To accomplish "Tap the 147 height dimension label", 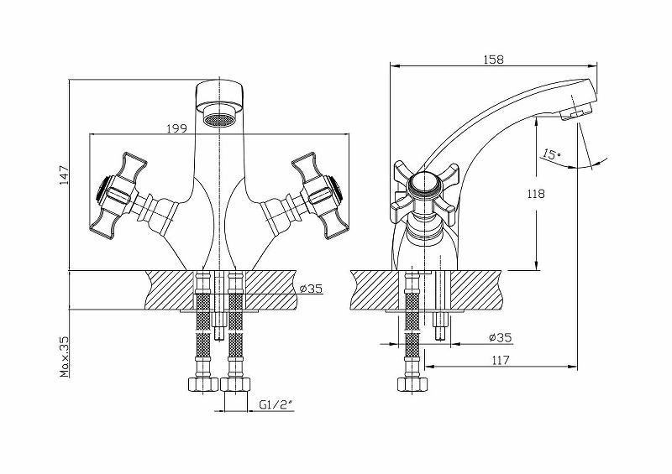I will tap(63, 174).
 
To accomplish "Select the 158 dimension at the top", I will tap(493, 60).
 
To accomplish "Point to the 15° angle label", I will tap(550, 154).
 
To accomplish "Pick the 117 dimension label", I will tap(501, 361).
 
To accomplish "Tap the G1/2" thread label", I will tap(274, 404).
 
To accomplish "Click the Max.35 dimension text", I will tap(64, 356).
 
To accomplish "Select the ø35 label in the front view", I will tap(311, 289).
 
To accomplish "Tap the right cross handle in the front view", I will tap(315, 195).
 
